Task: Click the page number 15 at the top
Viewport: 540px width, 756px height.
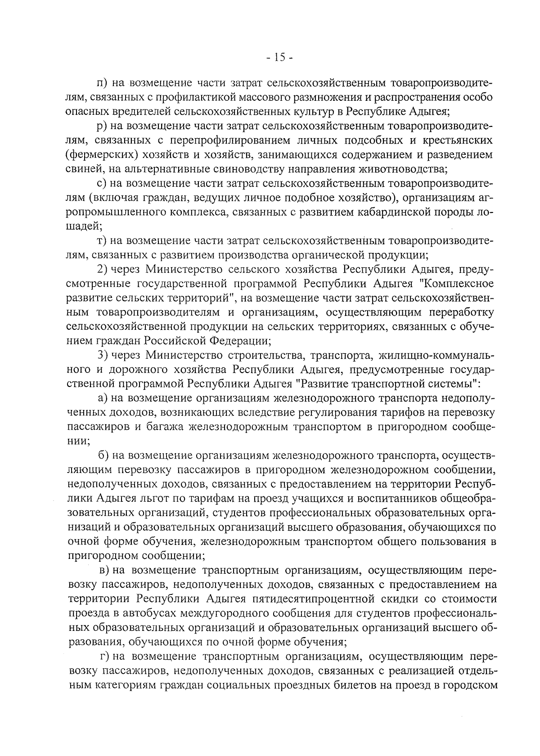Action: pos(279,57)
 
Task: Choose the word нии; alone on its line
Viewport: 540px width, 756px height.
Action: pos(77,441)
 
